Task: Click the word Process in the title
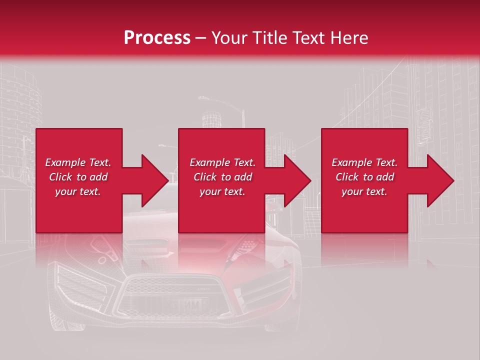157,38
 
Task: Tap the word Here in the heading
348,38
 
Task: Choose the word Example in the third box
351,162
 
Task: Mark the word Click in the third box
347,177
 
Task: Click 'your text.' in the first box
78,191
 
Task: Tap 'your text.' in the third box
364,191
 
